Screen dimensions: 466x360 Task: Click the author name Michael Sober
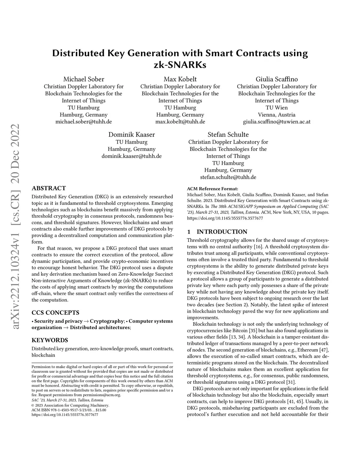[84, 79]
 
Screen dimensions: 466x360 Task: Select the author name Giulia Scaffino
[277, 79]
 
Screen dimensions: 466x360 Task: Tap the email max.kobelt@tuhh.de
[180, 122]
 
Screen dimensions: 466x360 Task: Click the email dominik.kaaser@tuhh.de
[131, 156]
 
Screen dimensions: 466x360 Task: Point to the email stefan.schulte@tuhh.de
[228, 177]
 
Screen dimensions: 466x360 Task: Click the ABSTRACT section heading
[49, 188]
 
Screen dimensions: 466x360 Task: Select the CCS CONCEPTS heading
[55, 313]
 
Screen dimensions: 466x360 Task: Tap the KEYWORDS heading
[50, 340]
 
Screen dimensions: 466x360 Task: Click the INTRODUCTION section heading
[221, 232]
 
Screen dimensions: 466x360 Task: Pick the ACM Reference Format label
[212, 189]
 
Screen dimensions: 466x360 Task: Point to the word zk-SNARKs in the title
[180, 65]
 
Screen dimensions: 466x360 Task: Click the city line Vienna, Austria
[277, 115]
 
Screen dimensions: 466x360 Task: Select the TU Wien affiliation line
[277, 108]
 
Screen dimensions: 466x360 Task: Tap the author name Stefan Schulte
[228, 135]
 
